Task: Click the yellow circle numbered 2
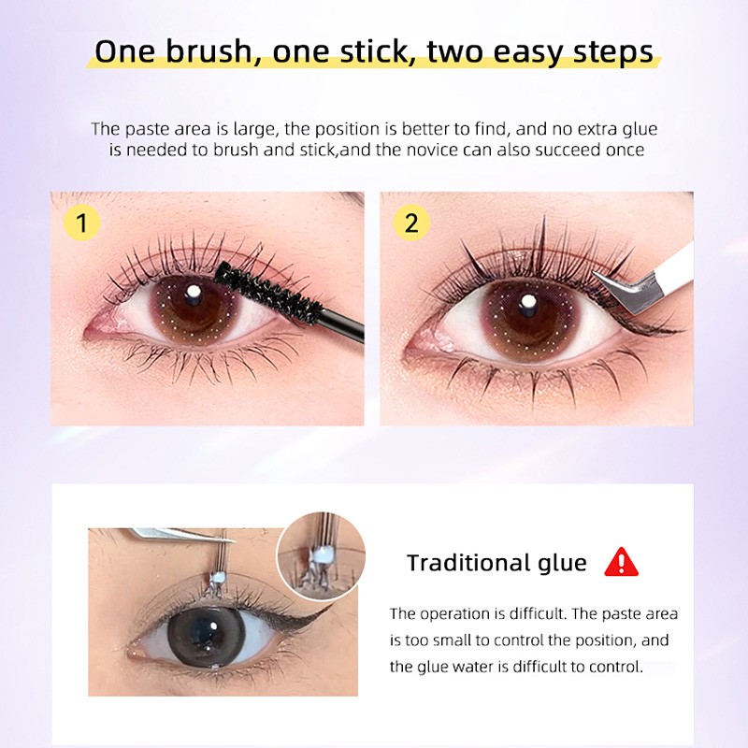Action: tap(412, 223)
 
